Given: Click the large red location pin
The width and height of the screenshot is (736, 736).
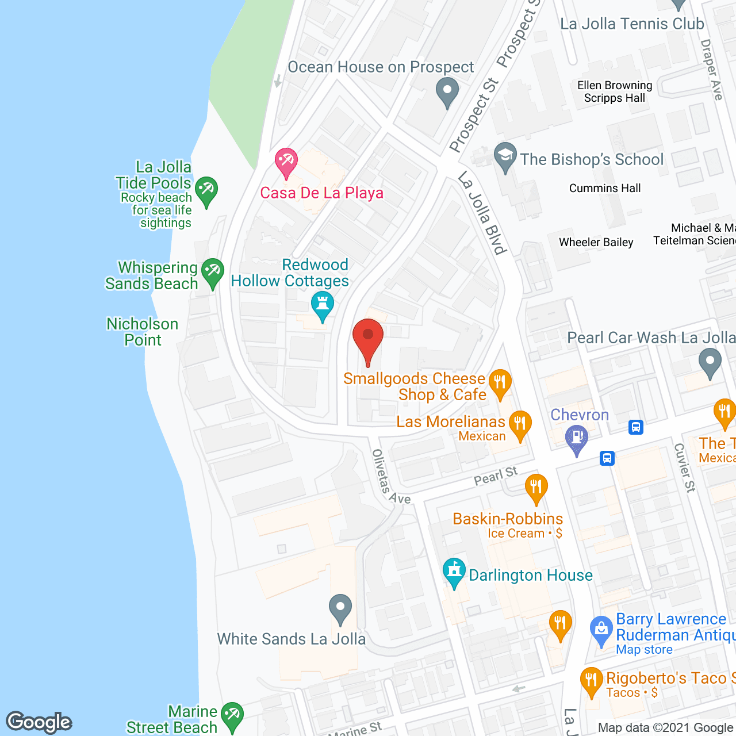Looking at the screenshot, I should pos(368,339).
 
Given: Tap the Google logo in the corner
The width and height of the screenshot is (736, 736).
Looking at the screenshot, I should pos(39,722).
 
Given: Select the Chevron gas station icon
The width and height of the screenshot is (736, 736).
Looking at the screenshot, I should pos(577,439).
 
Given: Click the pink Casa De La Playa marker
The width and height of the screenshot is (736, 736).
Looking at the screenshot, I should pos(286,162).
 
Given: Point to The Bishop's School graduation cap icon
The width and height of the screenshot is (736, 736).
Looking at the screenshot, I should pos(505,157).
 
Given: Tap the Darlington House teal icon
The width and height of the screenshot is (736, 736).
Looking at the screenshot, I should pos(454,573).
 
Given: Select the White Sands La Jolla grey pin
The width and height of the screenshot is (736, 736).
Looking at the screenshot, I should pos(340,608).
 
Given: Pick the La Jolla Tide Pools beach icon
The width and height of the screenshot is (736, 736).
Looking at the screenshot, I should pos(206,191).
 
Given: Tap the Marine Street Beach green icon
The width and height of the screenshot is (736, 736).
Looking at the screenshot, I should pos(232,716).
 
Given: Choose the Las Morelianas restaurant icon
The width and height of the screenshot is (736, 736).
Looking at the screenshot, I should pos(520,425).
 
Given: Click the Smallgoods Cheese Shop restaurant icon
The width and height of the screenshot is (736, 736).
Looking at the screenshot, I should pos(500,383).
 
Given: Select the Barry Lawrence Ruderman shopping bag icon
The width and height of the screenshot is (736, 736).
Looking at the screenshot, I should pos(601,630).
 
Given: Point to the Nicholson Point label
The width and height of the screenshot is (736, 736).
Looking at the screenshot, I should pos(143,332).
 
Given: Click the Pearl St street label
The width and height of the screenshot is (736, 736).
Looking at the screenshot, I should pos(496,476).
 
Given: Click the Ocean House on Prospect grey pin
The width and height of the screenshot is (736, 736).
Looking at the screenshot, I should pos(447,92).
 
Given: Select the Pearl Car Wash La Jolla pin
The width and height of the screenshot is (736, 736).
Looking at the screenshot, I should pos(710,363).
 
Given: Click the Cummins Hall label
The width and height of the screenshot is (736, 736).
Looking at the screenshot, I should pos(604,188).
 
